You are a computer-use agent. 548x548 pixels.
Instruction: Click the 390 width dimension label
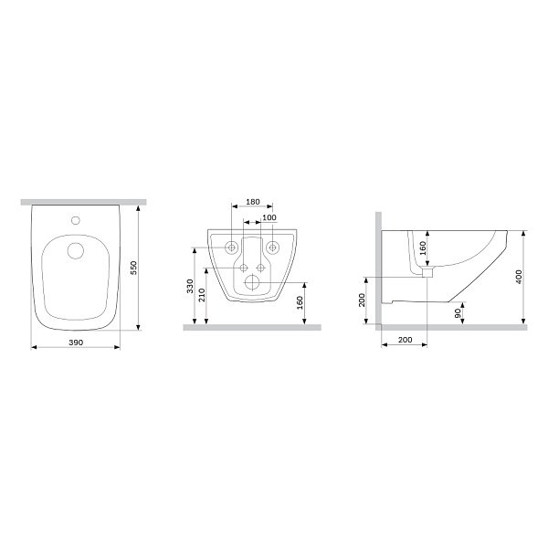(x=76, y=342)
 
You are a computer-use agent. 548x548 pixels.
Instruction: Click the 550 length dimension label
(x=134, y=268)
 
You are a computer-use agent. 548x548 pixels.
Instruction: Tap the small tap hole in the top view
(x=76, y=220)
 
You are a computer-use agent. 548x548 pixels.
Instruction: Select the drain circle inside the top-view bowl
(x=76, y=250)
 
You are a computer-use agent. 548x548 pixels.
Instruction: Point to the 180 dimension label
(x=253, y=202)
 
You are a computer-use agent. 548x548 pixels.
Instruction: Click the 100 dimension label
(x=269, y=217)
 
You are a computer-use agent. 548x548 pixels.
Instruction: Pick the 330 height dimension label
(x=190, y=286)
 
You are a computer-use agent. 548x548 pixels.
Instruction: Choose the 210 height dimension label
(x=202, y=295)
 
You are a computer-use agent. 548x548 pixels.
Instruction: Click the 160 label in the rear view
(x=300, y=303)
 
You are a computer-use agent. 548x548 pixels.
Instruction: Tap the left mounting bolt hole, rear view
(x=231, y=248)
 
